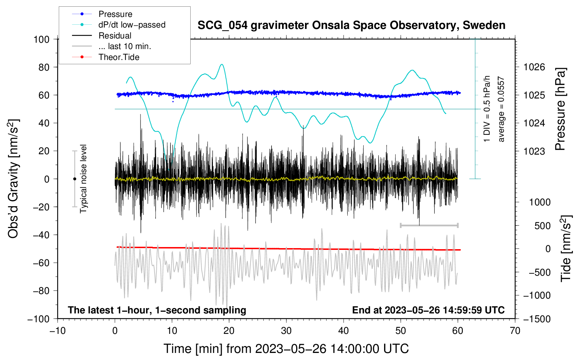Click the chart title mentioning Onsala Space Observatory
pyautogui.click(x=351, y=25)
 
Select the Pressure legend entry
pyautogui.click(x=115, y=14)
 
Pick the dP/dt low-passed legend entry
pyautogui.click(x=132, y=25)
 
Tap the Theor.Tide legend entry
pyautogui.click(x=119, y=57)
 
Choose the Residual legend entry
pyautogui.click(x=115, y=36)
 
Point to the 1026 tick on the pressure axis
pyautogui.click(x=534, y=67)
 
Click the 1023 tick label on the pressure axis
pyautogui.click(x=534, y=151)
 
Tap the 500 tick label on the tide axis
pyautogui.click(x=542, y=226)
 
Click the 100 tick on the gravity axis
pyautogui.click(x=41, y=39)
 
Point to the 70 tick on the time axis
pyautogui.click(x=515, y=331)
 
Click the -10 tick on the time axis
pyautogui.click(x=58, y=331)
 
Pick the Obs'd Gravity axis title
pyautogui.click(x=13, y=179)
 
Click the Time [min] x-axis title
pyautogui.click(x=286, y=349)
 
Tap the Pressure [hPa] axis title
pyautogui.click(x=560, y=109)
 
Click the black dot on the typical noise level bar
pyautogui.click(x=74, y=179)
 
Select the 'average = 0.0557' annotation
pyautogui.click(x=501, y=109)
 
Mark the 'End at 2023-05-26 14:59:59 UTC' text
pyautogui.click(x=428, y=310)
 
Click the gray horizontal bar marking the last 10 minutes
pyautogui.click(x=429, y=225)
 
